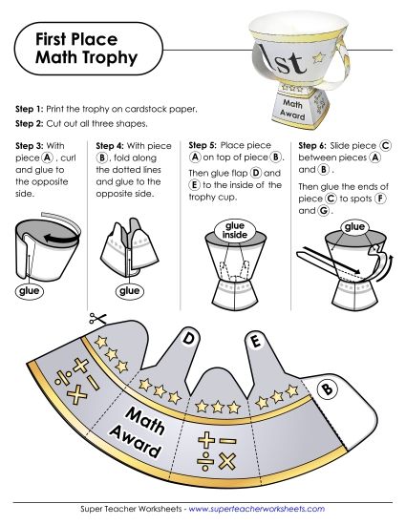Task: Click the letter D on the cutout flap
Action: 189,338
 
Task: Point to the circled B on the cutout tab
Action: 326,388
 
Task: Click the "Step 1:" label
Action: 32,110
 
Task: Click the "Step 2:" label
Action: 32,124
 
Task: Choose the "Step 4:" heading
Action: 112,145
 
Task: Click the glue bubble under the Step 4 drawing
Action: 127,290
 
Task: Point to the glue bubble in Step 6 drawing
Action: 355,226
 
